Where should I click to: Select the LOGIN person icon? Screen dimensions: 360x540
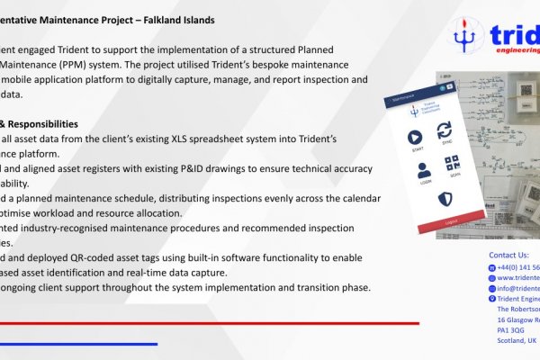(x=414, y=168)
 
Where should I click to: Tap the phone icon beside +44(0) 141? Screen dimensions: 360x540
(x=491, y=267)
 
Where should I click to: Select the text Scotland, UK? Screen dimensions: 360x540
(x=517, y=341)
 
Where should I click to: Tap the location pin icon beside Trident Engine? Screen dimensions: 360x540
(x=491, y=298)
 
